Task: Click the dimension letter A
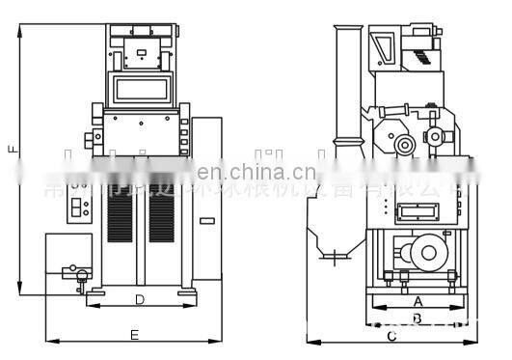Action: point(417,301)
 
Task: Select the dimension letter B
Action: point(417,318)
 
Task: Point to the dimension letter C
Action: point(391,337)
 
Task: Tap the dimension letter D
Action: point(140,300)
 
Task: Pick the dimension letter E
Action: point(134,335)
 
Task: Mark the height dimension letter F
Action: point(12,150)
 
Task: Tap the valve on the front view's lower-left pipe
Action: point(80,274)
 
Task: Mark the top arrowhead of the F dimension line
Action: point(19,29)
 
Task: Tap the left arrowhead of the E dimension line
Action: point(49,341)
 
